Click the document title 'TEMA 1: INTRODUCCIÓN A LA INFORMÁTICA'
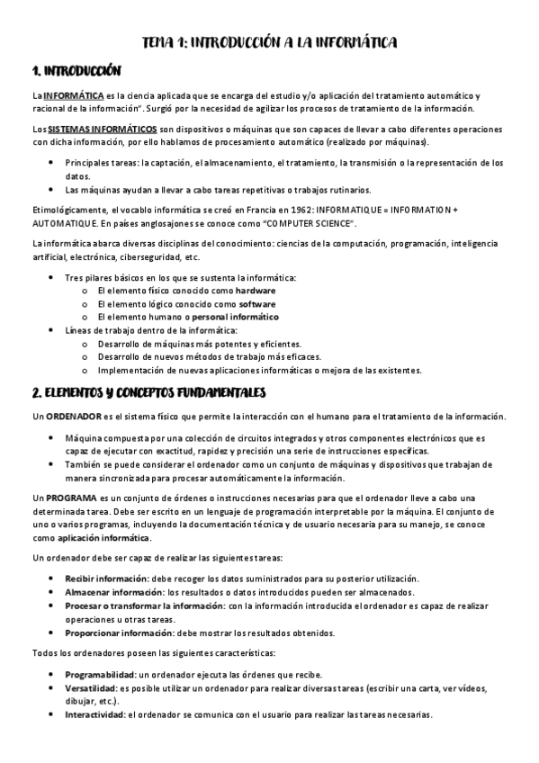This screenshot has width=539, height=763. pos(270,41)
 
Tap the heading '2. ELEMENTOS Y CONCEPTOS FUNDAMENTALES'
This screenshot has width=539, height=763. pos(148,392)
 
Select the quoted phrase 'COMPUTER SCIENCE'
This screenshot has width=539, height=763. pos(305,222)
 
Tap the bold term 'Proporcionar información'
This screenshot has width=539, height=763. pos(121,633)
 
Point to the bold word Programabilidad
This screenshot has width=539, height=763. pos(98,675)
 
